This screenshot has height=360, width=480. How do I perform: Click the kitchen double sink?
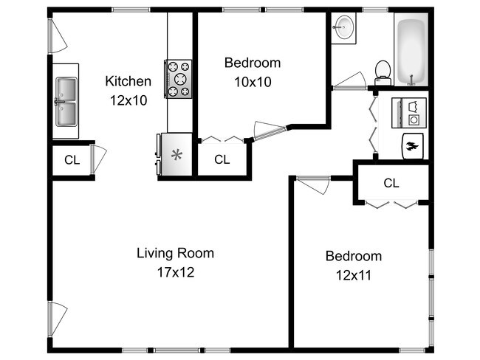pyautogui.click(x=66, y=102)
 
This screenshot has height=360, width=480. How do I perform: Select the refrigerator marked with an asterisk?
pyautogui.click(x=175, y=154)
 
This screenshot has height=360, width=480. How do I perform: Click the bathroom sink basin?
pyautogui.click(x=344, y=27)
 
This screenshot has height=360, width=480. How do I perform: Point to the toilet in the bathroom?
pyautogui.click(x=383, y=73)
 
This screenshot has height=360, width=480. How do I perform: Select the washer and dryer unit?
pyautogui.click(x=409, y=113)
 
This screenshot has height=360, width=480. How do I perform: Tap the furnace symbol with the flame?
pyautogui.click(x=413, y=146)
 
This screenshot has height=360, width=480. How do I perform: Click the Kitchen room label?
pyautogui.click(x=128, y=81)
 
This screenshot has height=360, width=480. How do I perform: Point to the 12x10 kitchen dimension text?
pyautogui.click(x=128, y=100)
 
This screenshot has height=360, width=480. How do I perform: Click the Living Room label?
pyautogui.click(x=175, y=253)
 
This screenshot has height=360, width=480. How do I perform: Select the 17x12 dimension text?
pyautogui.click(x=176, y=272)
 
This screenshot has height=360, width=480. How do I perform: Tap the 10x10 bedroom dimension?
pyautogui.click(x=253, y=82)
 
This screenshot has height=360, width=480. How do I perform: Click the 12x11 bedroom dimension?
pyautogui.click(x=354, y=275)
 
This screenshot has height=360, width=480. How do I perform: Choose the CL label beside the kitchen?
pyautogui.click(x=72, y=160)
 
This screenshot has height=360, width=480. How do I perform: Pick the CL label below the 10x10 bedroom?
pyautogui.click(x=222, y=159)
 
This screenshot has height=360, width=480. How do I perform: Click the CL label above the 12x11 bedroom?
pyautogui.click(x=391, y=183)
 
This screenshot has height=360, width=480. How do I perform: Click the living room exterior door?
pyautogui.click(x=58, y=319)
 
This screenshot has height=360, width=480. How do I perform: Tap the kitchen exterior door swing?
pyautogui.click(x=58, y=36)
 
